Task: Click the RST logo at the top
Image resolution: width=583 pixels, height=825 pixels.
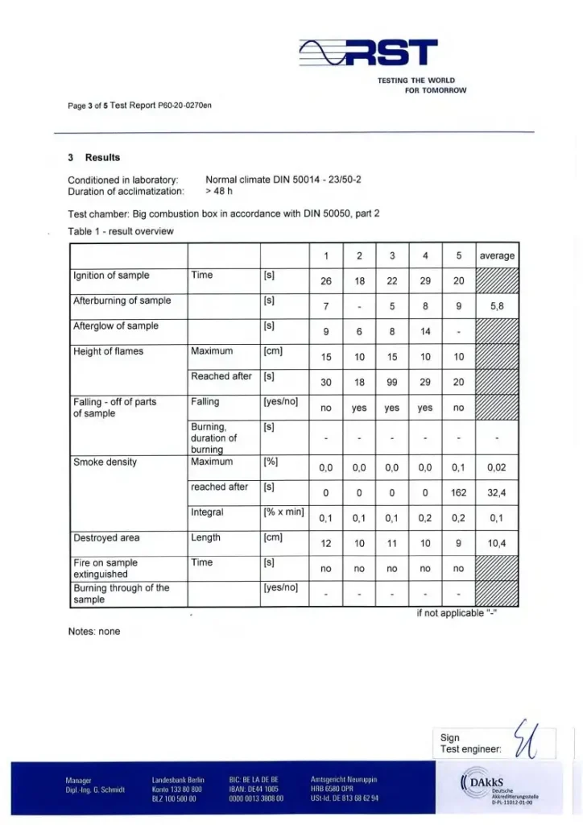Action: pyautogui.click(x=369, y=54)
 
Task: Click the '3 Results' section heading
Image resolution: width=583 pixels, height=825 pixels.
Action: pyautogui.click(x=94, y=157)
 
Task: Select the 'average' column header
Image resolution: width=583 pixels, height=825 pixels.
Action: pyautogui.click(x=497, y=255)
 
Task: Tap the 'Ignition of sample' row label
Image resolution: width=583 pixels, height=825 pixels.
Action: pyautogui.click(x=111, y=276)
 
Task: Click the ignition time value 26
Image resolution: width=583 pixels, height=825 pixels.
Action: pyautogui.click(x=326, y=282)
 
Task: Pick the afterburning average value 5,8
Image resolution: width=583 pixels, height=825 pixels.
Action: pyautogui.click(x=497, y=307)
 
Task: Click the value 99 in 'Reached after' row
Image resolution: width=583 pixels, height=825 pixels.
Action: pyautogui.click(x=392, y=383)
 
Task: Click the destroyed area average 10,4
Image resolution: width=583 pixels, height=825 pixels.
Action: pyautogui.click(x=497, y=544)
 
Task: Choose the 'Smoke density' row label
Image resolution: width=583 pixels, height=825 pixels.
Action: pyautogui.click(x=105, y=462)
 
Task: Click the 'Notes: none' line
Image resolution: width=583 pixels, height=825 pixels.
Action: pyautogui.click(x=94, y=632)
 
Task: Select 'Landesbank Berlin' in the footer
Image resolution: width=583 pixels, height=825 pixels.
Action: pyautogui.click(x=178, y=780)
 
